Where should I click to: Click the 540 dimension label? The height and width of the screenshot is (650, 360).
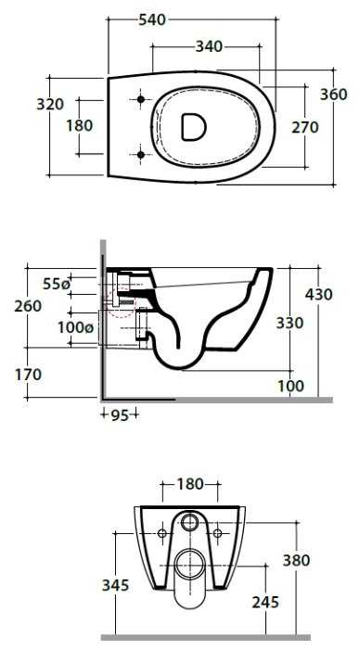click(152, 19)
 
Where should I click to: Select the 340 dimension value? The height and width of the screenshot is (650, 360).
click(209, 47)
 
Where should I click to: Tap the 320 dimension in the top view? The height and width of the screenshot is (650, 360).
click(50, 104)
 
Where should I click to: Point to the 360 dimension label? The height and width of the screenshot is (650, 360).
click(334, 95)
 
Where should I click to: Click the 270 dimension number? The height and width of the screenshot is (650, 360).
click(305, 127)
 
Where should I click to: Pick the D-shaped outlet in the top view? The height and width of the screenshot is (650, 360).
click(194, 126)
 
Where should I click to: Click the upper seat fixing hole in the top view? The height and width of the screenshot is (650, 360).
click(140, 99)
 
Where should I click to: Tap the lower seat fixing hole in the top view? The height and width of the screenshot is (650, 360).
click(140, 155)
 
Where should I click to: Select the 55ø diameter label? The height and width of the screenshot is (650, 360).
click(57, 284)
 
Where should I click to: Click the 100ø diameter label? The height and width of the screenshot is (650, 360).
click(75, 327)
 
